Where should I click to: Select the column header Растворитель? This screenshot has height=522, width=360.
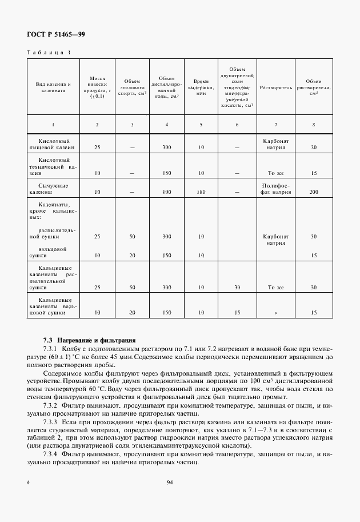coord(276,88)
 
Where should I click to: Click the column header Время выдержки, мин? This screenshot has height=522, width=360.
coord(201,88)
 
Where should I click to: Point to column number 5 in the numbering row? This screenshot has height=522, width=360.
coord(201,125)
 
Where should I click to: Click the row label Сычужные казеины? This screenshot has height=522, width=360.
coord(53,189)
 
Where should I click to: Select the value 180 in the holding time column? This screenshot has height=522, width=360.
coord(201,192)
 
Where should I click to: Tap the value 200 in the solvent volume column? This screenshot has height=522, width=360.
coord(313,192)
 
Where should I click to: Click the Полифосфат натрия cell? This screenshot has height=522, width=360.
coord(276,189)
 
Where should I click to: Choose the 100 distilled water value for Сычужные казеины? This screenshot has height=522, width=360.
coord(166,192)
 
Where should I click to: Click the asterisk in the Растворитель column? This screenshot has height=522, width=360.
coord(275,313)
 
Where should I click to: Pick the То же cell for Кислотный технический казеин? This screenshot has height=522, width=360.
coord(276,172)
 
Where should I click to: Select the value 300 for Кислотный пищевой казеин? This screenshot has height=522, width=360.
coord(166,148)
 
